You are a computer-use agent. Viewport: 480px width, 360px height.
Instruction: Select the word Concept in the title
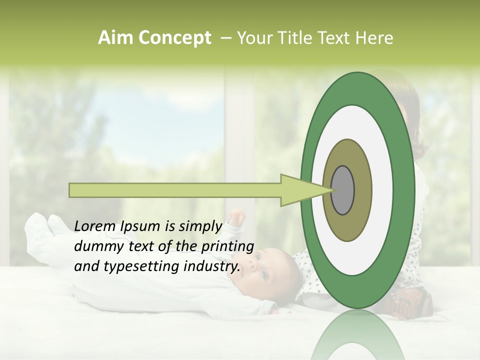(x=174, y=38)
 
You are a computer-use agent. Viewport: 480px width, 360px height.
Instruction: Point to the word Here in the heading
(x=374, y=38)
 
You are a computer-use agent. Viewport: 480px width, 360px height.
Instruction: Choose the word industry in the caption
(x=210, y=266)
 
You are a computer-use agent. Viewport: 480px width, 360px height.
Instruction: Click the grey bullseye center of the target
(x=342, y=189)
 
